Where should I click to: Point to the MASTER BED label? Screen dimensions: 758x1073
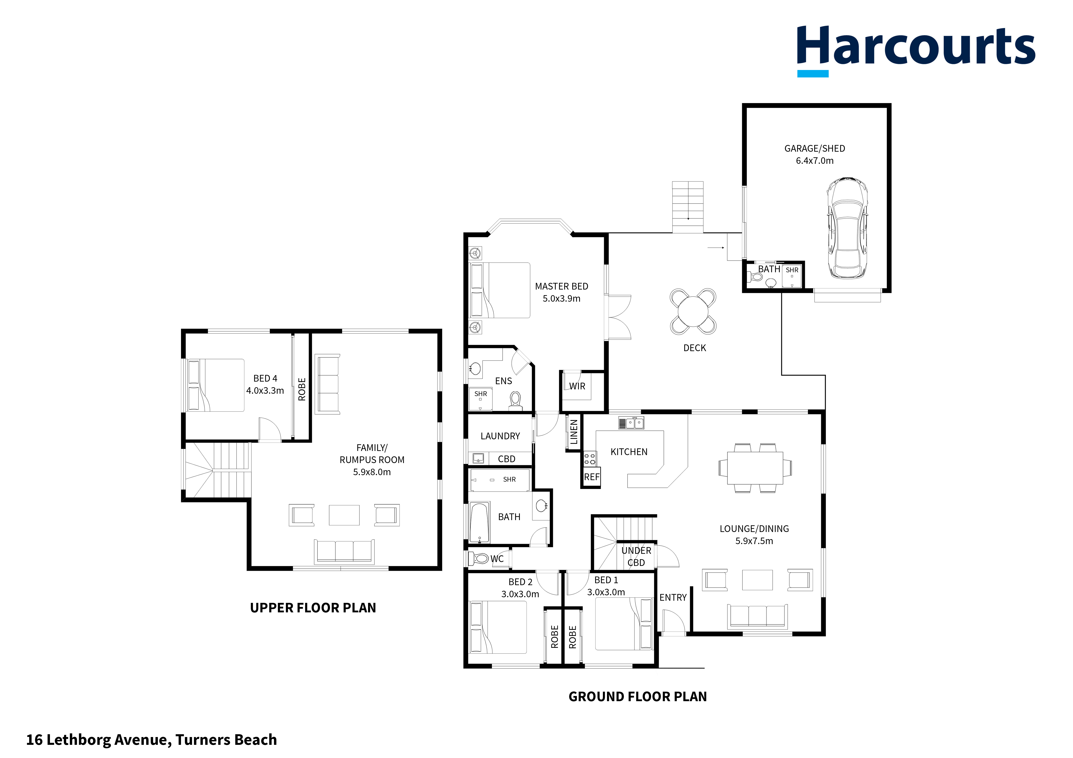point(561,286)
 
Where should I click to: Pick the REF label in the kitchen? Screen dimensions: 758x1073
point(591,477)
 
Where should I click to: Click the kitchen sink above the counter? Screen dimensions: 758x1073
point(631,423)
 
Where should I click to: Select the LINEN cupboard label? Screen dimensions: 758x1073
point(574,432)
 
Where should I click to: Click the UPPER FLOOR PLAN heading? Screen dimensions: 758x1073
point(313,608)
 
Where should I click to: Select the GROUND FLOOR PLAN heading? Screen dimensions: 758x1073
point(637,696)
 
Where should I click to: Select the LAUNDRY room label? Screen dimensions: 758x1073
point(500,436)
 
